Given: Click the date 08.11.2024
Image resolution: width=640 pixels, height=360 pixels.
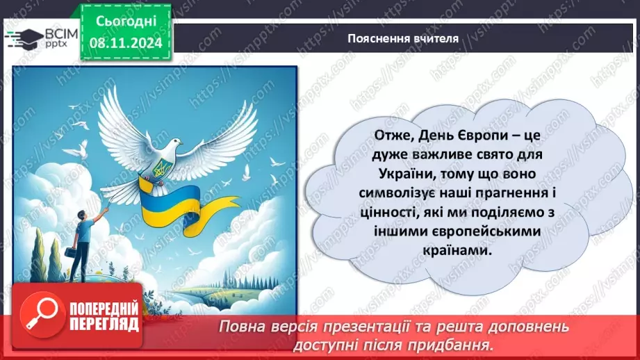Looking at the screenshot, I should [126, 42].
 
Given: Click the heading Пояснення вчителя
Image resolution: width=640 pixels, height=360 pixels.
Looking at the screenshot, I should [403, 38].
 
